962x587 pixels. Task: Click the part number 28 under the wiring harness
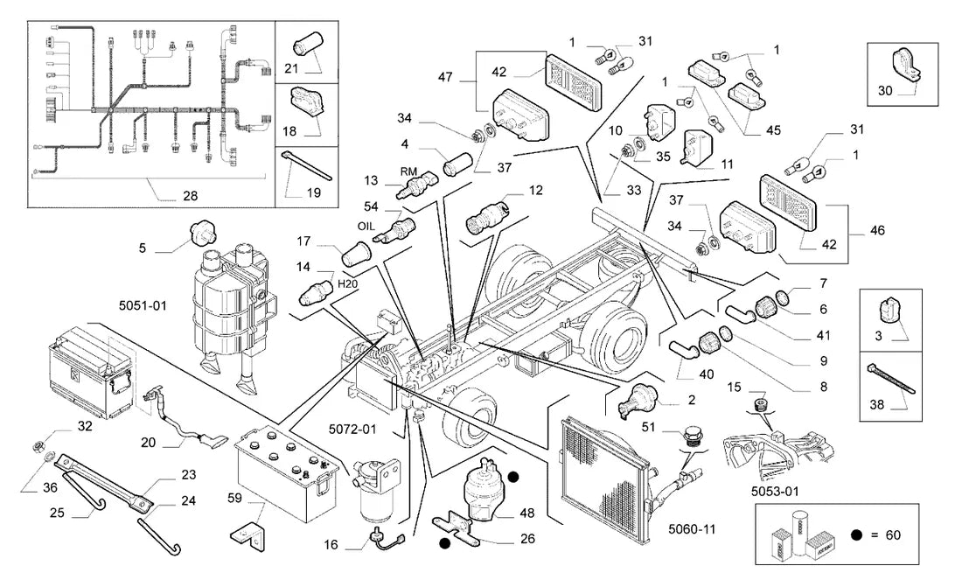(x=190, y=196)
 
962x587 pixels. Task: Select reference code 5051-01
(x=143, y=305)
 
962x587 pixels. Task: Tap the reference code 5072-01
(x=352, y=430)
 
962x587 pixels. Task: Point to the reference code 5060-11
(x=692, y=529)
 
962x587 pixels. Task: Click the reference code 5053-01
(x=775, y=492)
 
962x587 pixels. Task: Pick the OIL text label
(x=366, y=226)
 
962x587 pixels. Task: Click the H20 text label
(x=348, y=283)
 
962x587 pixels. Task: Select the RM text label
(x=408, y=172)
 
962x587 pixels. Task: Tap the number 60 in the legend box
(x=893, y=535)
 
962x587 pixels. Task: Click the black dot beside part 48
(x=513, y=477)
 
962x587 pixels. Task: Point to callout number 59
(x=234, y=498)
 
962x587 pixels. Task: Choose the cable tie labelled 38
(x=891, y=378)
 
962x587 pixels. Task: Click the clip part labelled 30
(x=904, y=66)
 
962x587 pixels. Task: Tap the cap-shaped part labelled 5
(x=202, y=234)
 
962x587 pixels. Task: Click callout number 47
(x=445, y=77)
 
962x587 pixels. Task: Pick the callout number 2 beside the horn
(x=692, y=400)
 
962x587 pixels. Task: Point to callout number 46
(x=877, y=230)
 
